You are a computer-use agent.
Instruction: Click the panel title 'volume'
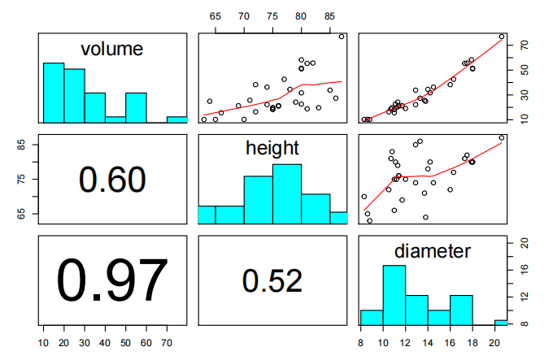pos(112,50)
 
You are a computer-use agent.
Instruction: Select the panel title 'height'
pos(272,148)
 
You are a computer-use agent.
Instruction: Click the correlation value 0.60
pos(112,180)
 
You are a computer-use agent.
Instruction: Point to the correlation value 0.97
pos(112,280)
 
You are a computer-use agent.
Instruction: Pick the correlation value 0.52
pos(272,280)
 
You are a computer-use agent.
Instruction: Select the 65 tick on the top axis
pos(216,16)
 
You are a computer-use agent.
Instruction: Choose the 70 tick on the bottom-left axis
pos(167,342)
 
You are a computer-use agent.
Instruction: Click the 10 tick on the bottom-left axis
pos(43,342)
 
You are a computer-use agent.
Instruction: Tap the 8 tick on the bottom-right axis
pos(361,342)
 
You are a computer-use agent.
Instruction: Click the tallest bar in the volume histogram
pos(54,93)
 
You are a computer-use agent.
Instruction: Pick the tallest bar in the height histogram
pos(287,193)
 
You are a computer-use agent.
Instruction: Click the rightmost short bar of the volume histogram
pos(177,119)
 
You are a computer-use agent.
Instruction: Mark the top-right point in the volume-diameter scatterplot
pos(502,37)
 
